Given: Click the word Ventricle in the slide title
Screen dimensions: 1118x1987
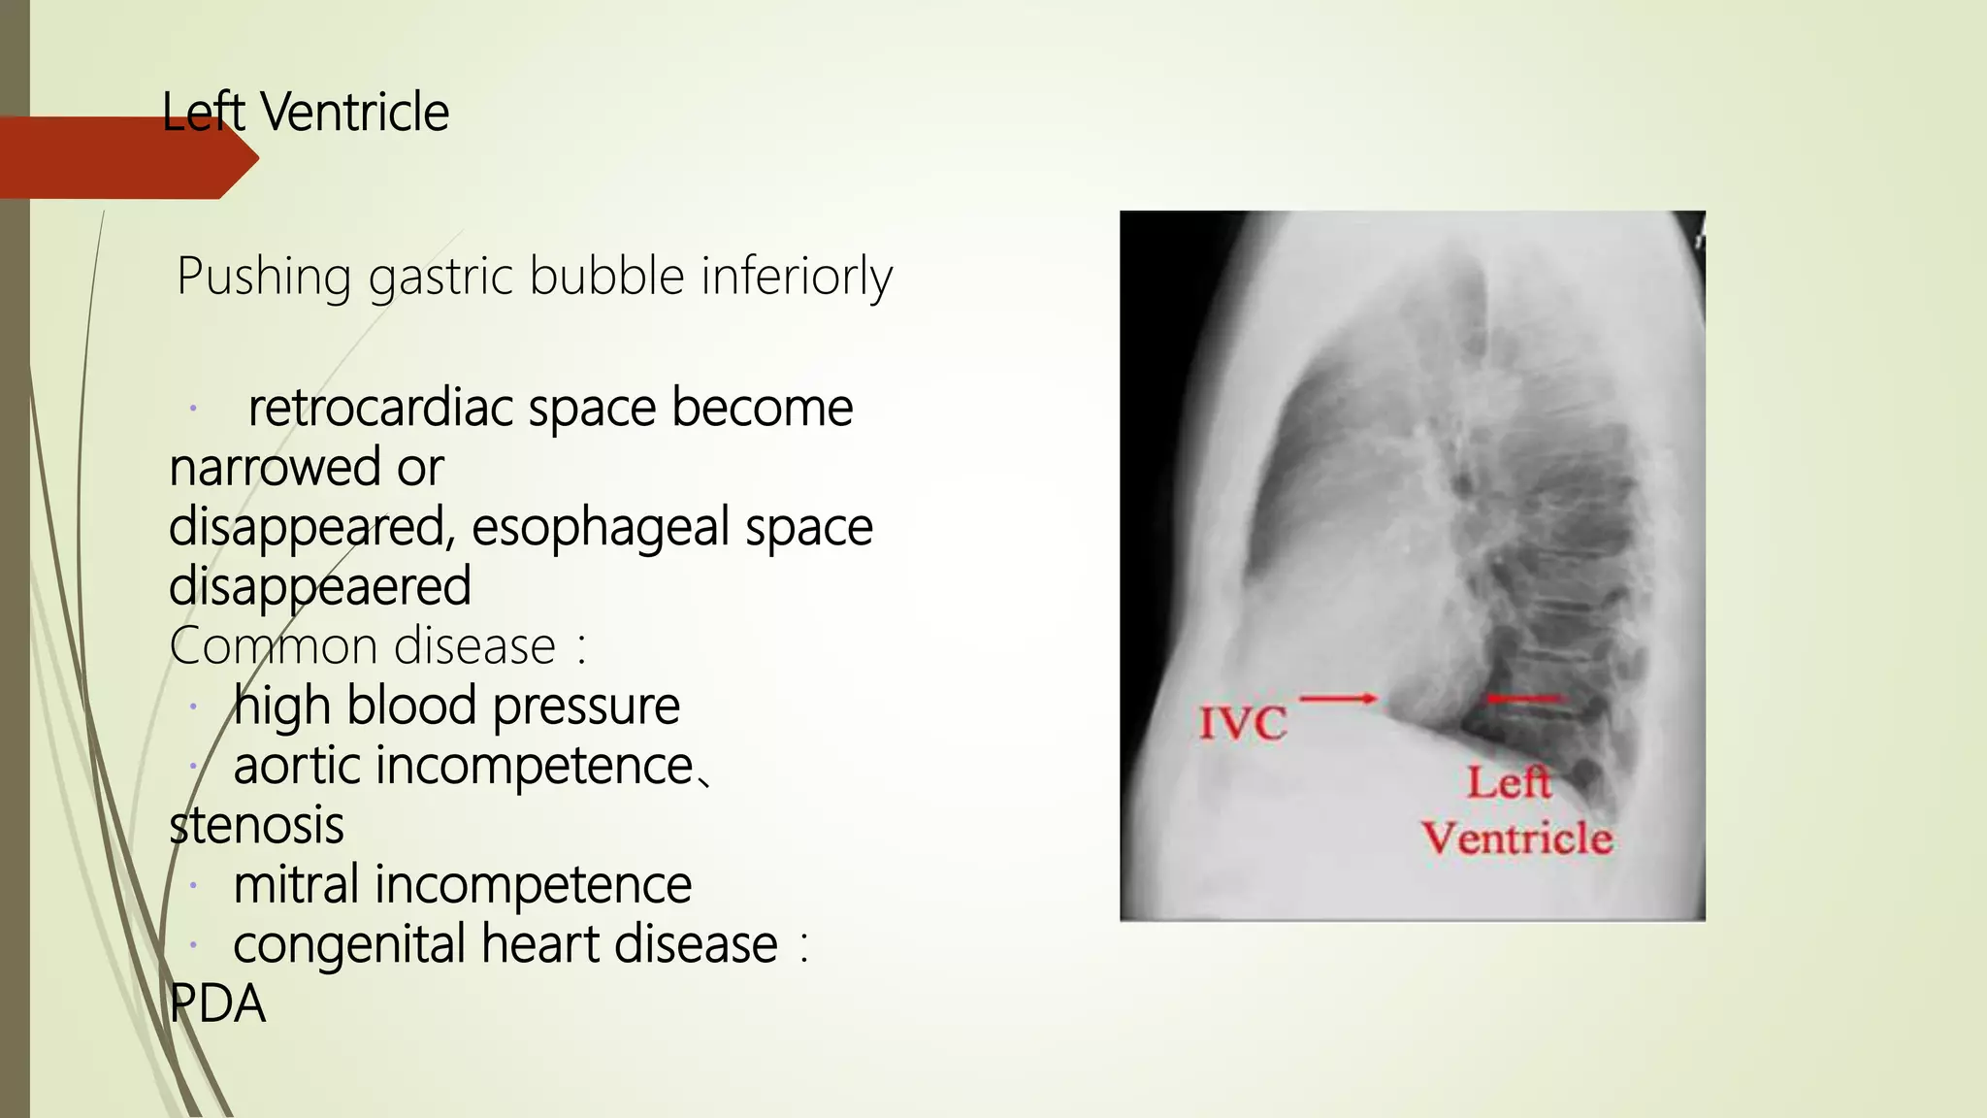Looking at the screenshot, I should (x=355, y=112).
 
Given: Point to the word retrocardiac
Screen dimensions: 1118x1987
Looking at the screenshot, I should (x=380, y=408).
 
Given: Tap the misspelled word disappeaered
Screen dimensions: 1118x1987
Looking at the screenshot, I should (x=320, y=587).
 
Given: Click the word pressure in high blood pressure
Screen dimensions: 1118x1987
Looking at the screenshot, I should (x=586, y=707).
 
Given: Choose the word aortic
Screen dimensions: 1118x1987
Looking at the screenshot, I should (x=297, y=767).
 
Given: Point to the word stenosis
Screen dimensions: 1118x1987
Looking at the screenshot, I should (x=256, y=826).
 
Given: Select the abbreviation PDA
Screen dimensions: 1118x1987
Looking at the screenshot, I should (x=217, y=1004).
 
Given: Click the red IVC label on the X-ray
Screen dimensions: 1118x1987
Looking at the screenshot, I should (x=1243, y=723).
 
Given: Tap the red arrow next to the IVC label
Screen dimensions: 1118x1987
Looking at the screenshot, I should (x=1338, y=698).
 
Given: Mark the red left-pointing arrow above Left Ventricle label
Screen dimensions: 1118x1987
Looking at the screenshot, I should (x=1523, y=698).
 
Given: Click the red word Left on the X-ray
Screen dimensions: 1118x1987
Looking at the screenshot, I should (x=1509, y=782).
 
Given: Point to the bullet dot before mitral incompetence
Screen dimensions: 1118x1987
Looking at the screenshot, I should (x=194, y=885).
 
